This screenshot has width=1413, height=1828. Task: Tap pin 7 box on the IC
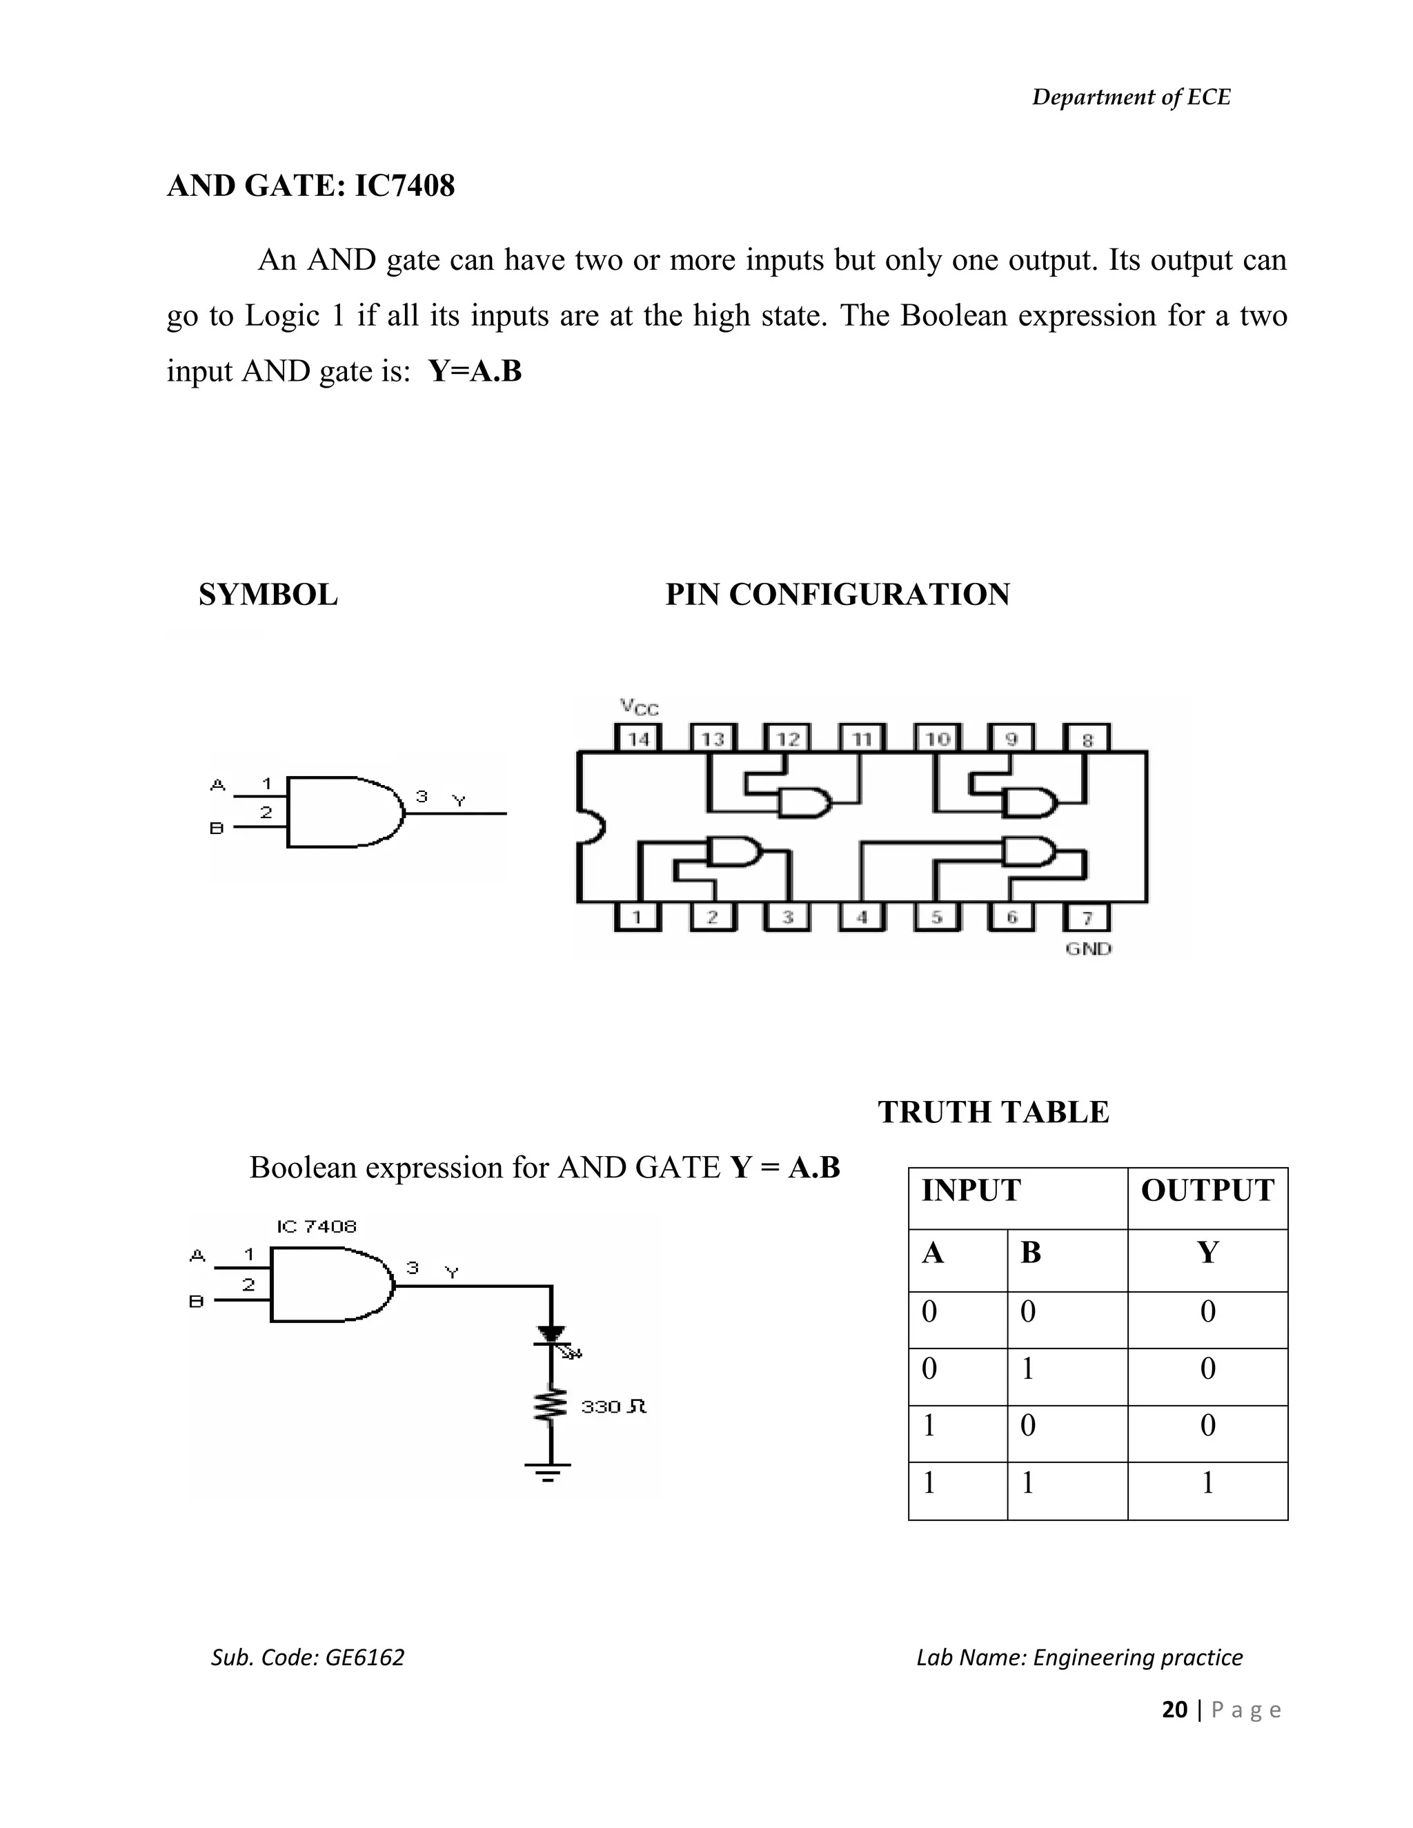click(x=1087, y=917)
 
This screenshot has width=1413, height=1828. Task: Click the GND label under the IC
click(x=1088, y=949)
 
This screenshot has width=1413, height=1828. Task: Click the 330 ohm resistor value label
click(x=613, y=1407)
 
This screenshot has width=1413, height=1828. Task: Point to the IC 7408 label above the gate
click(x=317, y=1227)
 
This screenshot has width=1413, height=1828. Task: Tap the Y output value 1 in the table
click(x=1207, y=1483)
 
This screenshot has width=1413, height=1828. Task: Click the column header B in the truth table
click(x=1031, y=1253)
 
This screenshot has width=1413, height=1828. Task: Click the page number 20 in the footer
click(x=1174, y=1710)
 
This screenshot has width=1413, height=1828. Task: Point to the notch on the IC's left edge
click(x=591, y=826)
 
